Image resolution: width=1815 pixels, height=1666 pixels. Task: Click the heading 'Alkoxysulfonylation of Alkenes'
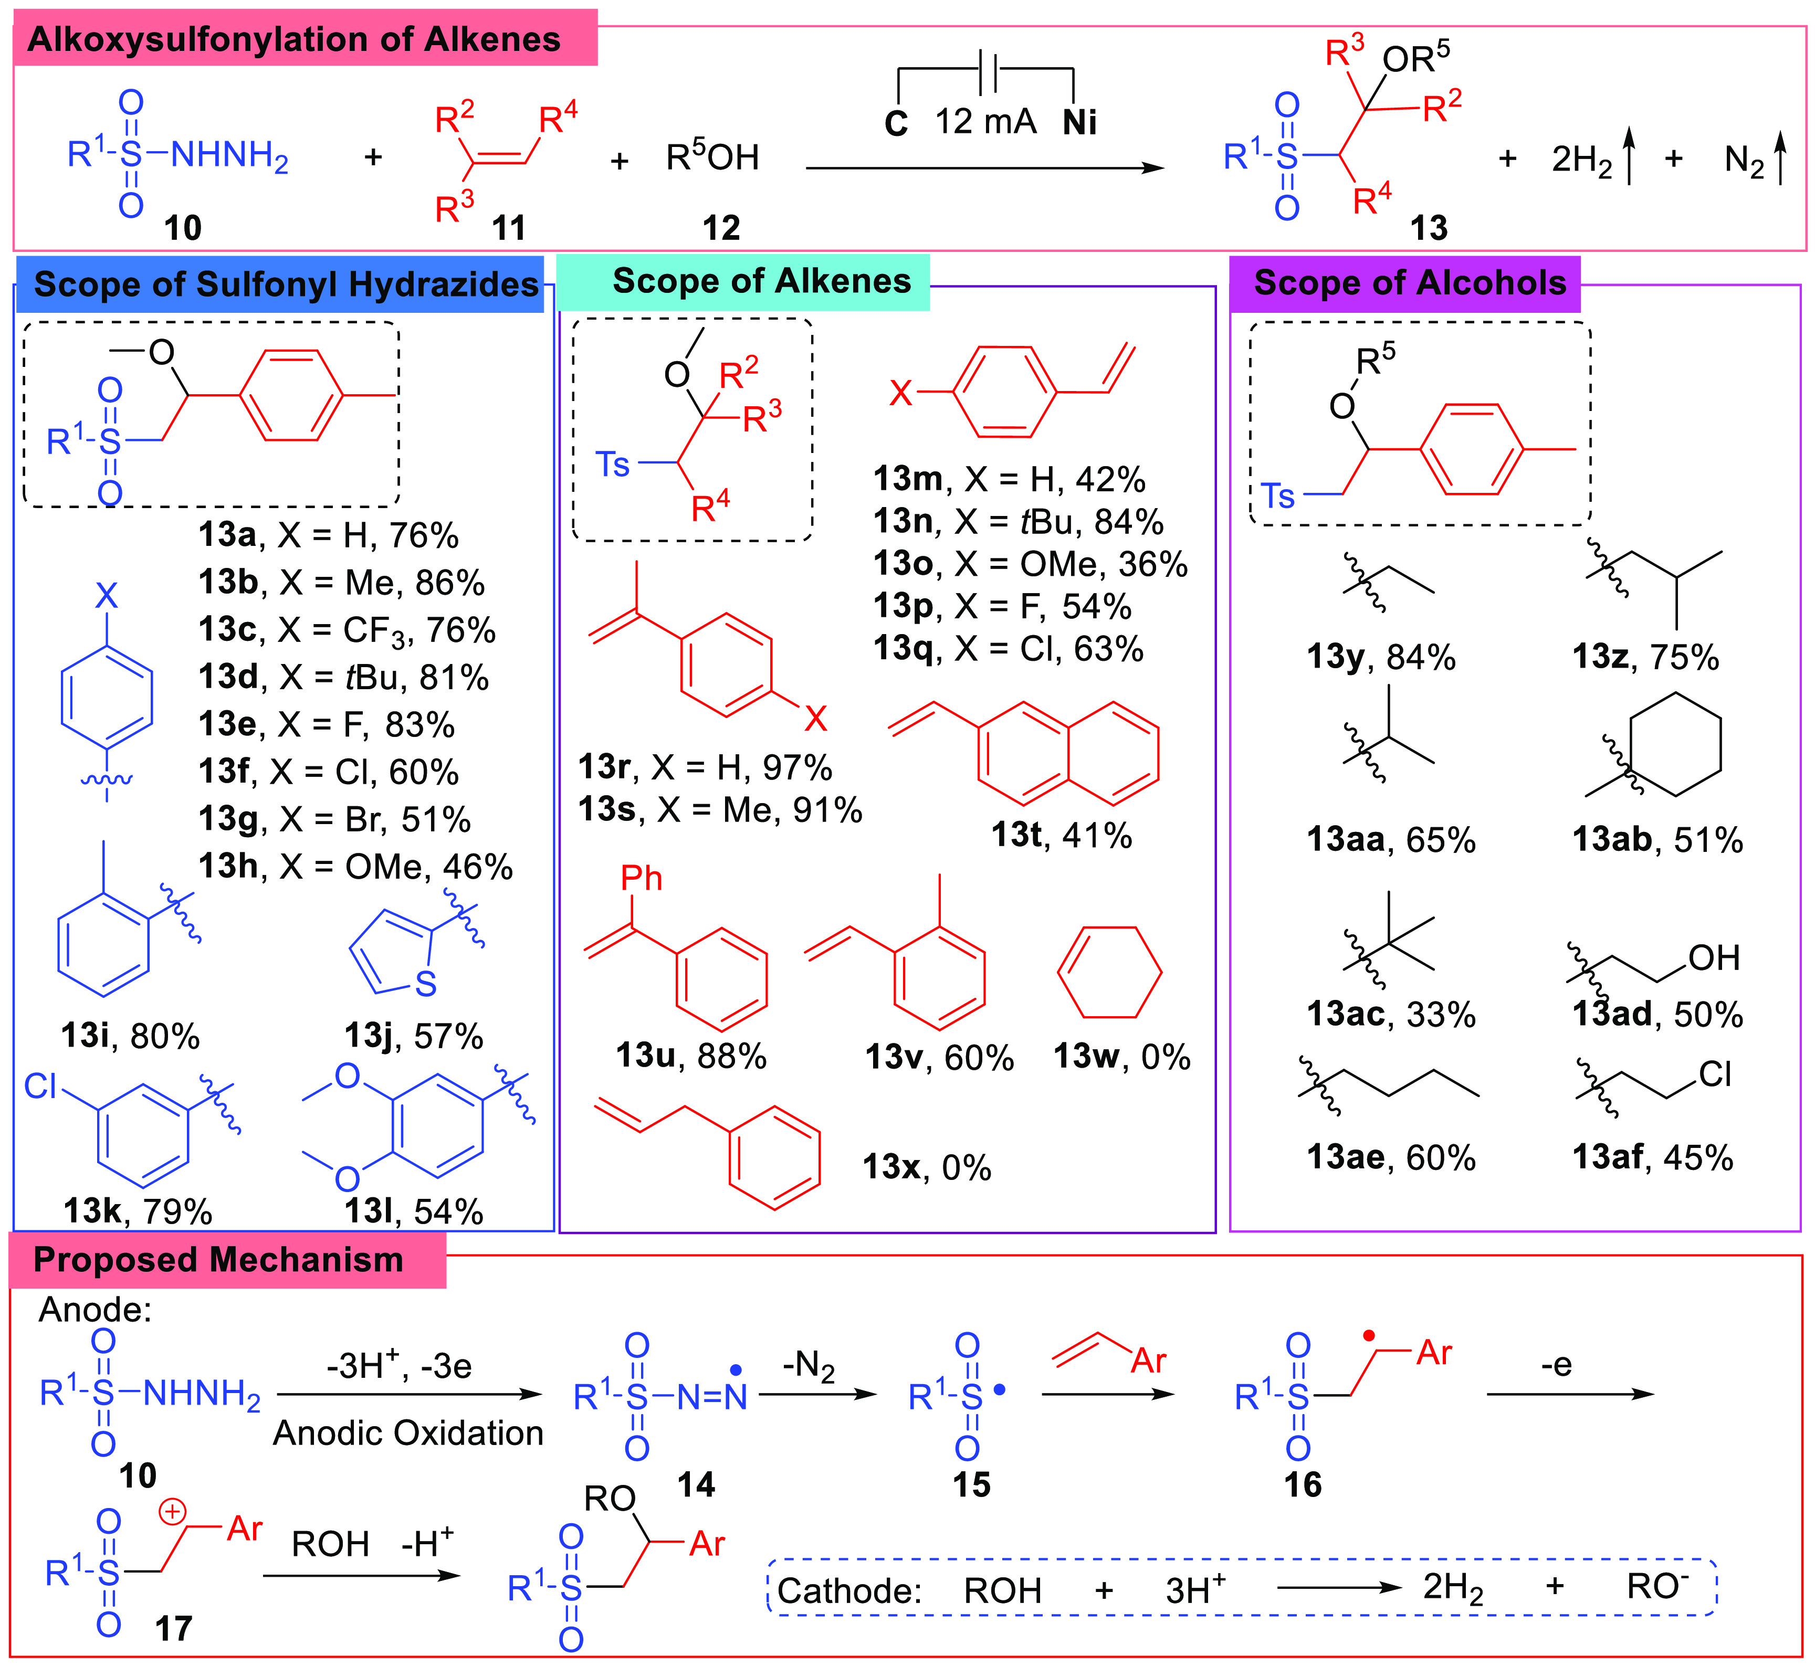click(x=294, y=40)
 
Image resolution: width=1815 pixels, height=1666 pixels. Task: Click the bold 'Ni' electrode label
click(x=1079, y=122)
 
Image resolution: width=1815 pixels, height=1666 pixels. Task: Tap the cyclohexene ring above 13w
click(x=1108, y=972)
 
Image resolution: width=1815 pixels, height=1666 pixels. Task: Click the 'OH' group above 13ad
click(x=1713, y=957)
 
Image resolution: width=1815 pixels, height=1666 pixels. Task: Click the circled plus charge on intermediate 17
click(x=172, y=1511)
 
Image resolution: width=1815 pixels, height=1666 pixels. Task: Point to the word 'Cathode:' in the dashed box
click(x=848, y=1591)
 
